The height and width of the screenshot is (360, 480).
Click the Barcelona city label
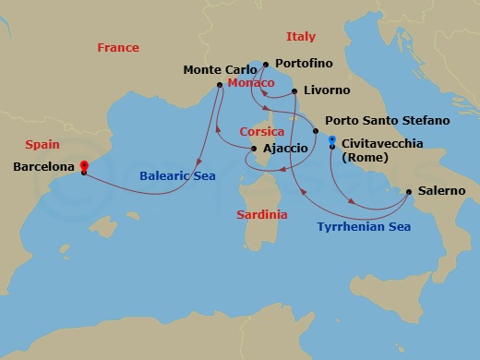pyautogui.click(x=45, y=168)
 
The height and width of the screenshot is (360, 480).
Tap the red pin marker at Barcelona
pyautogui.click(x=83, y=162)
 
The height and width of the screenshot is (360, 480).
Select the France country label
pyautogui.click(x=118, y=48)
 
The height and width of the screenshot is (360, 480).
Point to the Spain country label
pyautogui.click(x=42, y=145)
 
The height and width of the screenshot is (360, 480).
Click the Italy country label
pyautogui.click(x=300, y=37)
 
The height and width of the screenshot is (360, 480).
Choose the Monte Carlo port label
pyautogui.click(x=220, y=69)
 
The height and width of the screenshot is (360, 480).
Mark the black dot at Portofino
pyautogui.click(x=266, y=64)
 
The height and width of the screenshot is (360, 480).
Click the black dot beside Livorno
pyautogui.click(x=294, y=90)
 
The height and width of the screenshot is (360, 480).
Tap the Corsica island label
pyautogui.click(x=259, y=132)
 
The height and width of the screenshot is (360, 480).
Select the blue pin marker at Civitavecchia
pyautogui.click(x=331, y=140)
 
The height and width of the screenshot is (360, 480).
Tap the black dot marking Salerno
pyautogui.click(x=409, y=192)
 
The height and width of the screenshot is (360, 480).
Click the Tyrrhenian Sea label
pyautogui.click(x=363, y=225)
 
